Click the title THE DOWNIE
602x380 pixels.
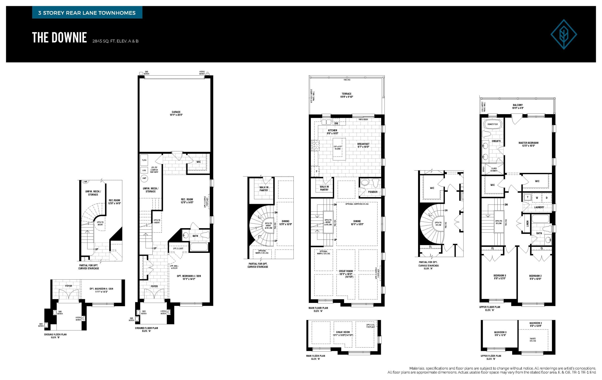tap(59, 38)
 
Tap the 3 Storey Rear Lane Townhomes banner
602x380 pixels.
tap(87, 13)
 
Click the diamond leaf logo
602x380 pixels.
tap(563, 34)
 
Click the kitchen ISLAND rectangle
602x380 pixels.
tap(339, 149)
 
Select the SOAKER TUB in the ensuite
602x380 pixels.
tap(492, 124)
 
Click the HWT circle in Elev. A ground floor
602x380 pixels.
tap(144, 178)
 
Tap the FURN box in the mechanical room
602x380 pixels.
tap(144, 160)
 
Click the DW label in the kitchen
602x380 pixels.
tap(336, 123)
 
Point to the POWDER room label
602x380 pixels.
tap(372, 192)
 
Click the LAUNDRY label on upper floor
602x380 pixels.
tap(539, 207)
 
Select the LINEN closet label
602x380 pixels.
tap(527, 223)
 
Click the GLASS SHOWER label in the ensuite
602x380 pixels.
tap(494, 170)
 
